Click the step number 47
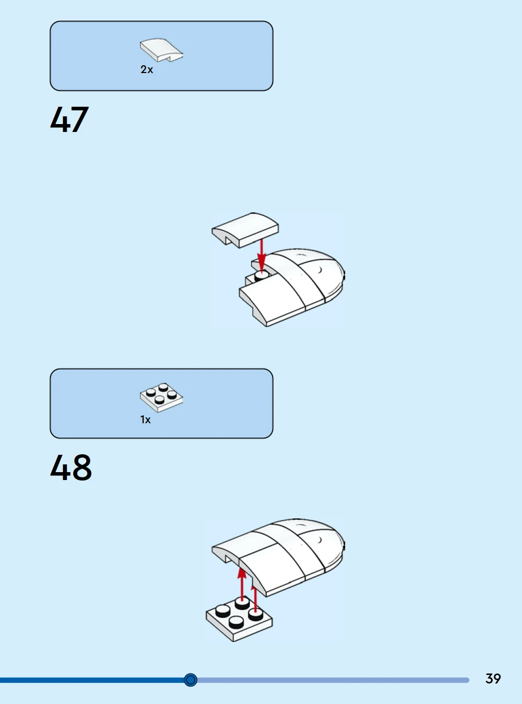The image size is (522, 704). tap(69, 119)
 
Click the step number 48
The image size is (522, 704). tap(71, 467)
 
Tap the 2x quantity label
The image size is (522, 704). tap(146, 69)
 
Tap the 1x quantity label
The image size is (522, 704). tap(146, 420)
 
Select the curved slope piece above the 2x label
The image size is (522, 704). tap(162, 50)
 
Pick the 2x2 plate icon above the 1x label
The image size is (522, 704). tap(162, 397)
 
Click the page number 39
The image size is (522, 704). tap(493, 679)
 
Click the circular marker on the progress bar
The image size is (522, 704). tap(190, 680)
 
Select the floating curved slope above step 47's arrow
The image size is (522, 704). tap(245, 230)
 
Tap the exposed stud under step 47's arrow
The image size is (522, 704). tap(262, 277)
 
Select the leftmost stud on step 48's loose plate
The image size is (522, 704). tap(223, 610)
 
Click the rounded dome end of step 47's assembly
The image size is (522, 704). tap(327, 273)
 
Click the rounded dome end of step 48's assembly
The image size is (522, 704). tap(327, 543)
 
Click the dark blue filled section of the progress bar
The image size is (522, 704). tap(92, 680)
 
